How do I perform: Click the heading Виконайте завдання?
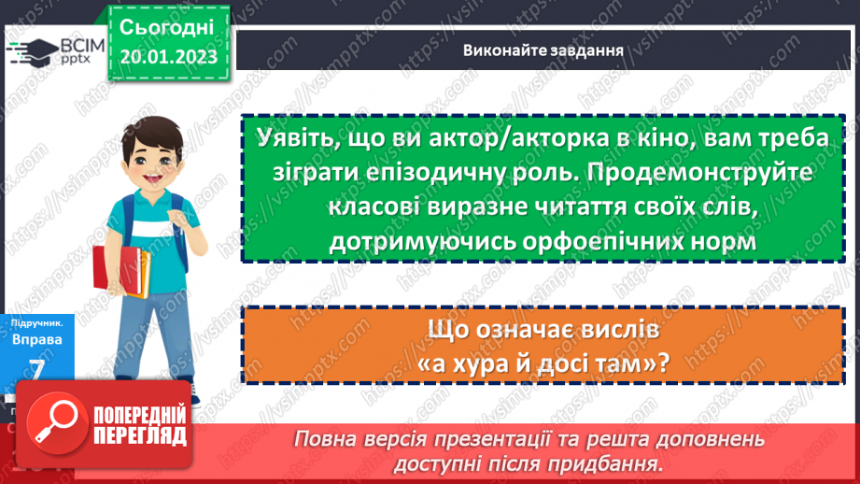coord(543,50)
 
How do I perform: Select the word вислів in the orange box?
coord(622,330)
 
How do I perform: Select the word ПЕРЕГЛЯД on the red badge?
coord(137,437)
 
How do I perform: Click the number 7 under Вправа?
coord(38,367)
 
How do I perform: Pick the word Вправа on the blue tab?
coord(38,339)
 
